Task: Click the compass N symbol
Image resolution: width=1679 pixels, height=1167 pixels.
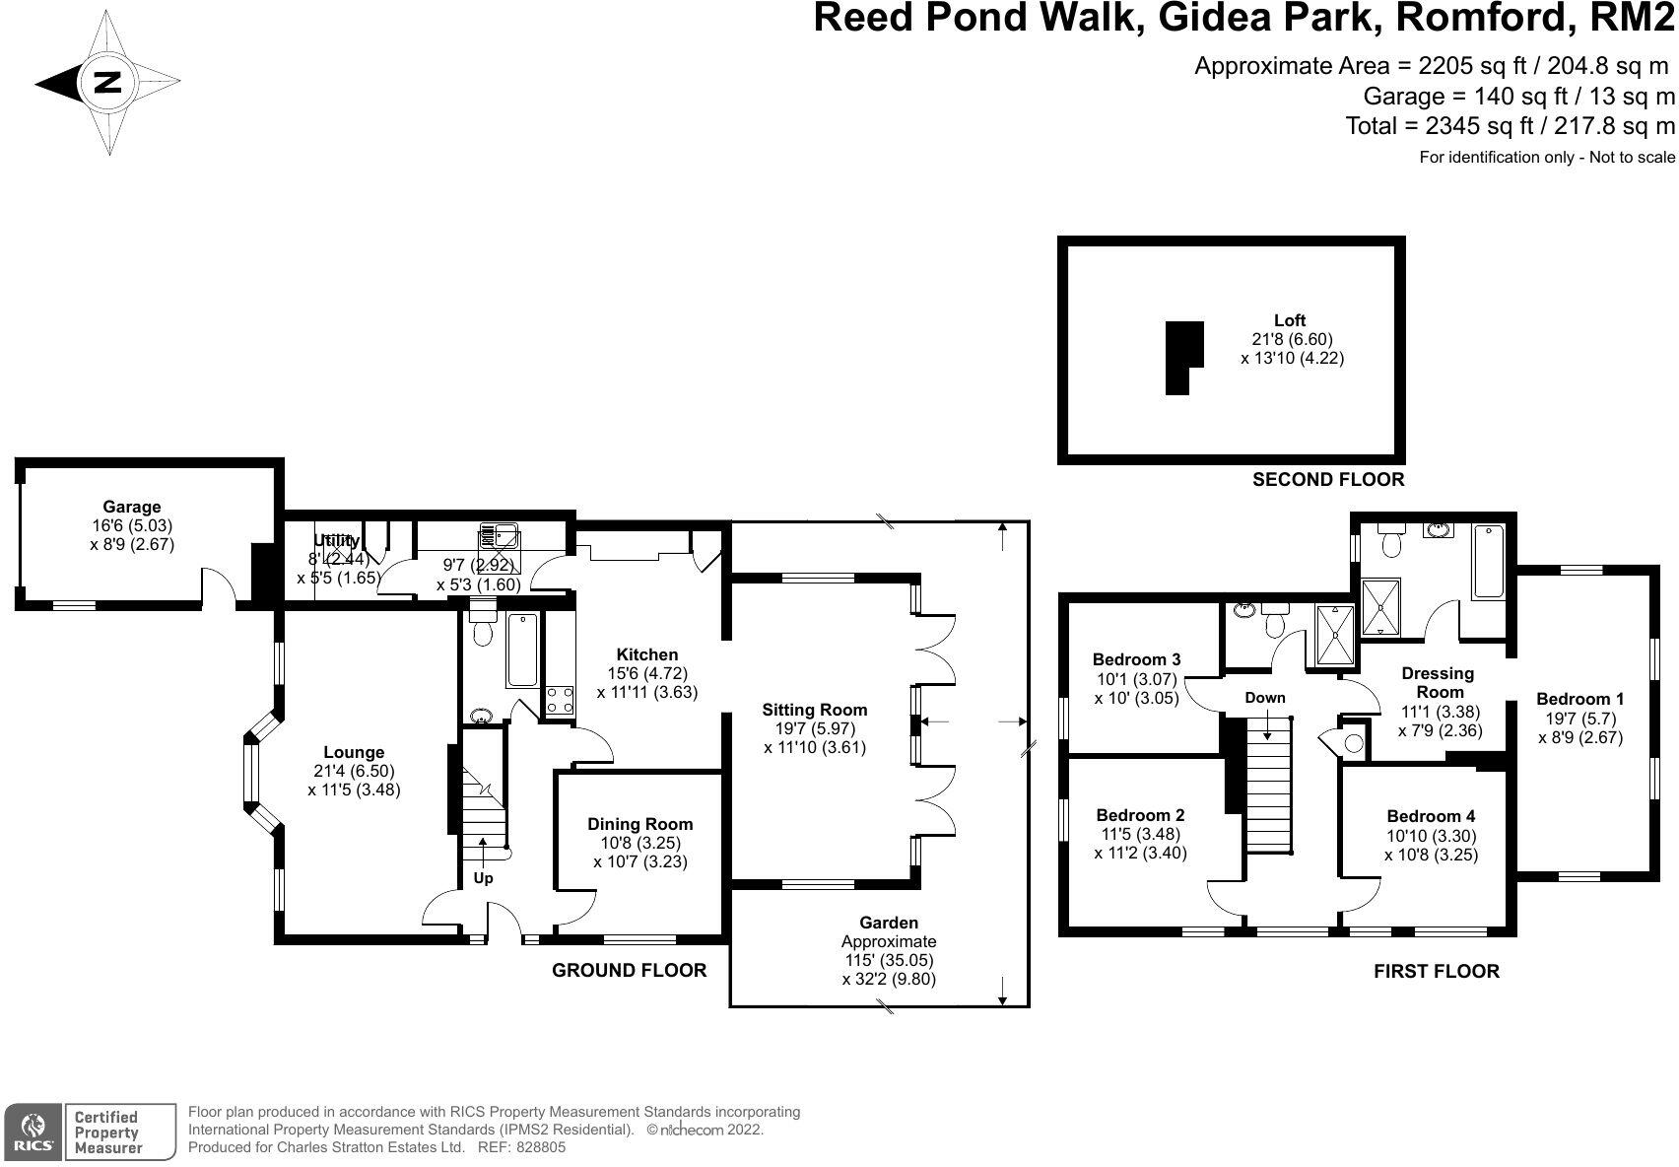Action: tap(106, 83)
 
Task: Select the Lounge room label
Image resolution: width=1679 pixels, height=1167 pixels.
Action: tap(354, 752)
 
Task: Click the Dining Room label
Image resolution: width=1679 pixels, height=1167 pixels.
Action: tap(640, 824)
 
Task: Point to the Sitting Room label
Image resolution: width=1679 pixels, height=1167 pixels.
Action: tap(814, 709)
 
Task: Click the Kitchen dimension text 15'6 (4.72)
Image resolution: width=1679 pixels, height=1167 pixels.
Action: tap(646, 673)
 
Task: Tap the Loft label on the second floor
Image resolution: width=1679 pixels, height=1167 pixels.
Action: tap(1290, 320)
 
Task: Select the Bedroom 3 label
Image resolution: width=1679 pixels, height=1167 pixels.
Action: tap(1136, 659)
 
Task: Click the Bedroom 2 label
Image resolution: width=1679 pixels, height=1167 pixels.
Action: tap(1140, 815)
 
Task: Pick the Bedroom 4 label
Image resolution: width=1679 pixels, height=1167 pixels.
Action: tap(1431, 816)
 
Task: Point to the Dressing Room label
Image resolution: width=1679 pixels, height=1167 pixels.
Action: tap(1438, 682)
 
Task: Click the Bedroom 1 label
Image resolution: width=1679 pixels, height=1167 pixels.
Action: tap(1579, 699)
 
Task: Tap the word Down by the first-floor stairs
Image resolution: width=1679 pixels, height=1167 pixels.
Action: tap(1265, 698)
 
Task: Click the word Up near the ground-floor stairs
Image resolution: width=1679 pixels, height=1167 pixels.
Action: tap(483, 877)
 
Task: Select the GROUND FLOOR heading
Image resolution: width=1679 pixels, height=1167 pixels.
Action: tap(629, 970)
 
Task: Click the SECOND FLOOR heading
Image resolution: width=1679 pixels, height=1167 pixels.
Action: tap(1327, 480)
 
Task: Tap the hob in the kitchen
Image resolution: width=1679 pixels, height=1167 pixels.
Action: tap(560, 701)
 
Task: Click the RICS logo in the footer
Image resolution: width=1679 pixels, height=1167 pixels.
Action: tap(33, 1131)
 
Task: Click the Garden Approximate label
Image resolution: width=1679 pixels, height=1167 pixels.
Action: tap(889, 932)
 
